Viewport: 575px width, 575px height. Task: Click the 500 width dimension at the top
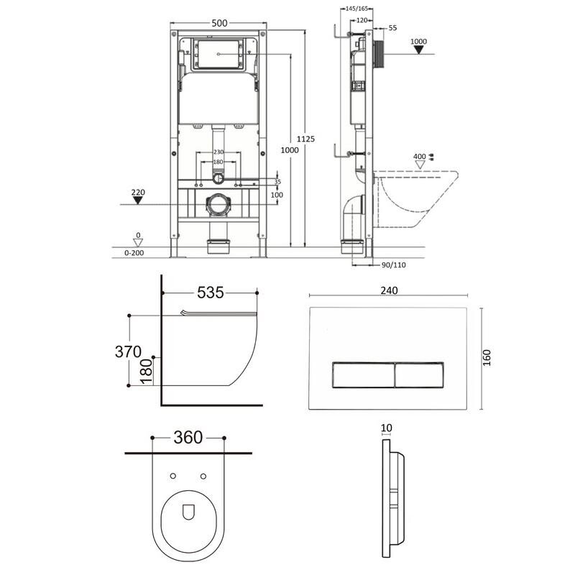[x=219, y=23]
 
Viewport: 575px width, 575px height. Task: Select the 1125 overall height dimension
[x=305, y=139]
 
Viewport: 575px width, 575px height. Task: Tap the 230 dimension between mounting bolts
[x=218, y=152]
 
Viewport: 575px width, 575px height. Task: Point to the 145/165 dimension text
[x=356, y=9]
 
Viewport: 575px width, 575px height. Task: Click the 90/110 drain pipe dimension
[x=393, y=264]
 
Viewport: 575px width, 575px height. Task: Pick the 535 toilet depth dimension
[x=210, y=293]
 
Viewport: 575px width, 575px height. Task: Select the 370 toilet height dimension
[x=128, y=351]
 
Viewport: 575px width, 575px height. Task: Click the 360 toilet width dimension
[x=188, y=437]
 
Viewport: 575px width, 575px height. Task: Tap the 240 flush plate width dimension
[x=389, y=290]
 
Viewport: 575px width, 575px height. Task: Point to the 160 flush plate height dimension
[x=487, y=358]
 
